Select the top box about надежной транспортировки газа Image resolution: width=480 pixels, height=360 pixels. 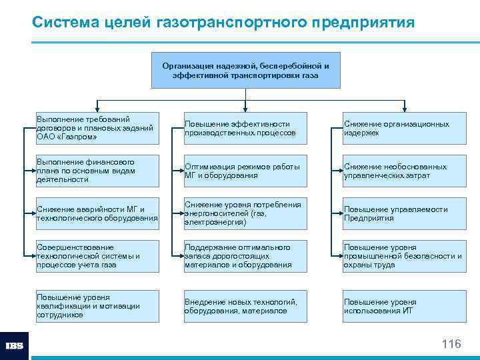tap(245, 71)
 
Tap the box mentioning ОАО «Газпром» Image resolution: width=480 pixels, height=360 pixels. tap(98, 128)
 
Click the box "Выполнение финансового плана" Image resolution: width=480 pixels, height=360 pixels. tap(98, 171)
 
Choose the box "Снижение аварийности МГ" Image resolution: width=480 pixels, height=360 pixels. tap(98, 213)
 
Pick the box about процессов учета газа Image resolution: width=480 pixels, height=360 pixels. tap(98, 256)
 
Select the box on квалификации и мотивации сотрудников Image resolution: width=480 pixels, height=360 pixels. tap(98, 306)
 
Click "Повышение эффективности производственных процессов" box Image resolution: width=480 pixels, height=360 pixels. tap(245, 128)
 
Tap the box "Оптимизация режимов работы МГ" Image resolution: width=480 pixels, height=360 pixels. tap(245, 171)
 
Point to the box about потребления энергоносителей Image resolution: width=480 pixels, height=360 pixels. tap(245, 213)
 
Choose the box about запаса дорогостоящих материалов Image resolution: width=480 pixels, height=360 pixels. tap(245, 256)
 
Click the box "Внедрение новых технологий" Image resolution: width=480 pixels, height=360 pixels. tap(245, 306)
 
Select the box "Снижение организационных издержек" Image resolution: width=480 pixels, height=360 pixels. tap(404, 128)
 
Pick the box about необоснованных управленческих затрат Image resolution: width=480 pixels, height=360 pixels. tap(404, 171)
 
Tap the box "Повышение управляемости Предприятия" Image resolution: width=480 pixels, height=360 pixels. tap(404, 213)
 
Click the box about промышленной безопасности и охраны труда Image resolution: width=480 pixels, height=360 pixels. tap(404, 256)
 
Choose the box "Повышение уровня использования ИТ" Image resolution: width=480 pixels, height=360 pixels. tap(404, 306)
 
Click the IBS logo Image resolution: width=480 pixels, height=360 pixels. tap(15, 346)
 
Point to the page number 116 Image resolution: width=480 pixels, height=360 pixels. tap(451, 344)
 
